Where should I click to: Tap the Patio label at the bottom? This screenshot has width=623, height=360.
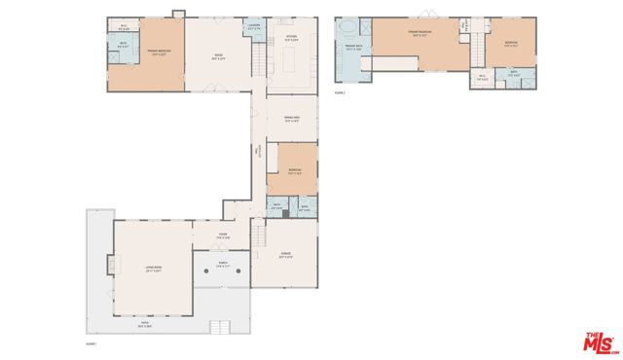[145, 326]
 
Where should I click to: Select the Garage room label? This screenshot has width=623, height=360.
[285, 255]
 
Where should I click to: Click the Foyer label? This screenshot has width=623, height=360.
[222, 235]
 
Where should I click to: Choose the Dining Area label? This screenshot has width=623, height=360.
[291, 119]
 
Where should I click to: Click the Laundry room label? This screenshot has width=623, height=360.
[253, 26]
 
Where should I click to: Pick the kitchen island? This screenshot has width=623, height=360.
[291, 62]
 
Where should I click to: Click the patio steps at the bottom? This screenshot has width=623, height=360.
[221, 327]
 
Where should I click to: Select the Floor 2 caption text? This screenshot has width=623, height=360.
[341, 93]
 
